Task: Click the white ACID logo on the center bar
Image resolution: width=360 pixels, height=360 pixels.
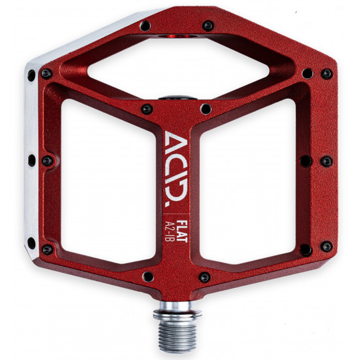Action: click(175, 169)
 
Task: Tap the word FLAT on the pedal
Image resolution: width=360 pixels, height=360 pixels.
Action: click(183, 231)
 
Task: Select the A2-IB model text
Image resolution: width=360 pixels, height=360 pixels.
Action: click(171, 232)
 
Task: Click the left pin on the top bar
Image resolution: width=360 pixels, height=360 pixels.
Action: click(145, 26)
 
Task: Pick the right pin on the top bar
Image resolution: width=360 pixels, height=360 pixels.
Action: click(208, 26)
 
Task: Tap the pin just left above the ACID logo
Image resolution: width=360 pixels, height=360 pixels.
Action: click(147, 109)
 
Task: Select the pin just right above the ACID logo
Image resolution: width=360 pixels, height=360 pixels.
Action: click(206, 109)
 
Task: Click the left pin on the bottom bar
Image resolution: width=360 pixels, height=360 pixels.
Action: click(148, 276)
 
